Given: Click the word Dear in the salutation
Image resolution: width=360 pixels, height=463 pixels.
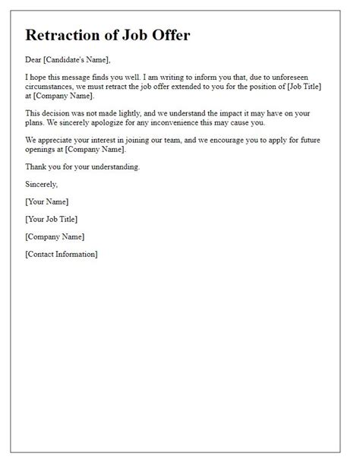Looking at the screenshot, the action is [x=34, y=61].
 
